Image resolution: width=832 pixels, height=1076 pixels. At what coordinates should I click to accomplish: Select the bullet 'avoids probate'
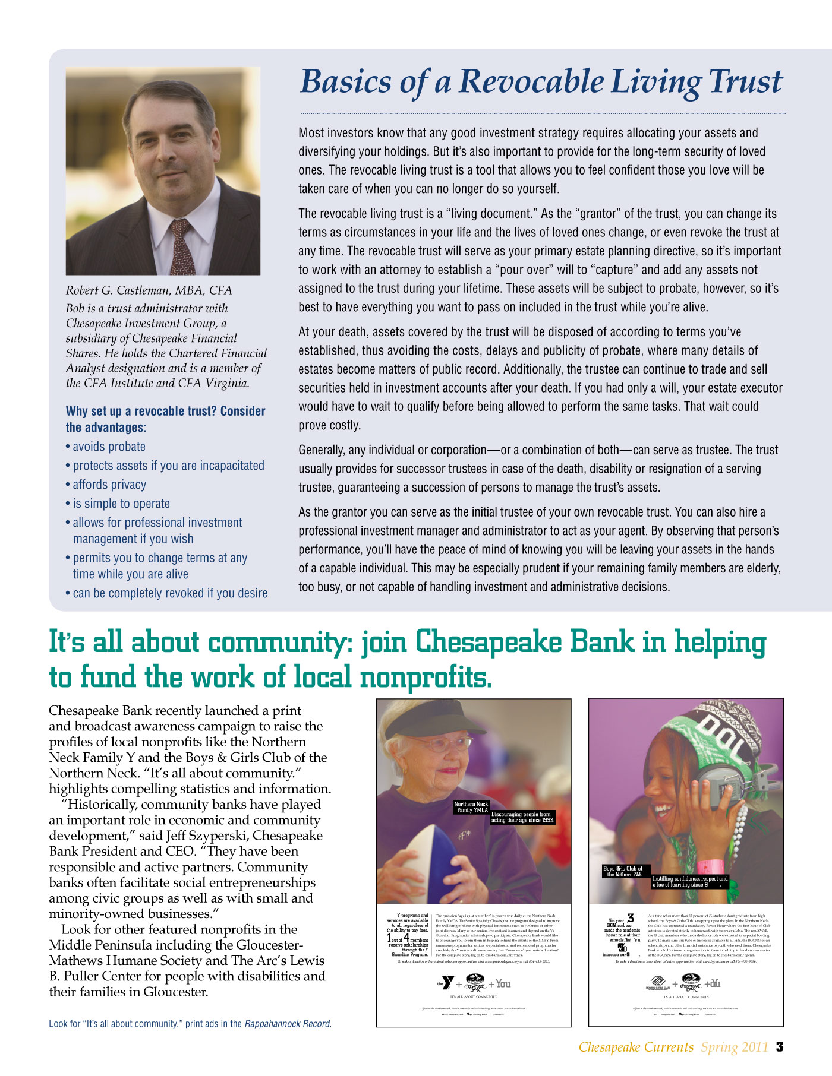(109, 447)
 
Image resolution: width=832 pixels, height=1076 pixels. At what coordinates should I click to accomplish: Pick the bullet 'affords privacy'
(109, 485)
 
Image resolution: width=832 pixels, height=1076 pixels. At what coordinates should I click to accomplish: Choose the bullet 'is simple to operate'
(121, 504)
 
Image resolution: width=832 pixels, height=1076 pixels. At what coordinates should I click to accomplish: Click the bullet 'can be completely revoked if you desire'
(170, 593)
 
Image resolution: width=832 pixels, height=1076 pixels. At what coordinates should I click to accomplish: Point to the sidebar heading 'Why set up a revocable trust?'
(165, 411)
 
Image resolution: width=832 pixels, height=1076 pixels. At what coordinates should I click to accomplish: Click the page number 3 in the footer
(780, 1046)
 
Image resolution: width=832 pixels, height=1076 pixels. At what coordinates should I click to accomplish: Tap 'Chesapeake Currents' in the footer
(636, 1047)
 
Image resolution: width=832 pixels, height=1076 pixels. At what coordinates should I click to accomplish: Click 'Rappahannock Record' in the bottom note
(288, 1024)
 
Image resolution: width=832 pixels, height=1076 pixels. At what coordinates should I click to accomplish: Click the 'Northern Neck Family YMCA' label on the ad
(471, 806)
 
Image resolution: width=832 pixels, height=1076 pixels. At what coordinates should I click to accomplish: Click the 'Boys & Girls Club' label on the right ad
(623, 871)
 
